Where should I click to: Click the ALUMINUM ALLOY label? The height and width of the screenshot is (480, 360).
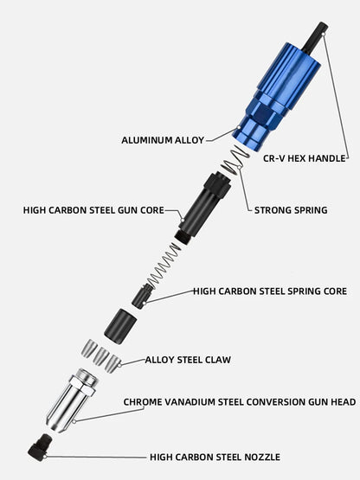[163, 140]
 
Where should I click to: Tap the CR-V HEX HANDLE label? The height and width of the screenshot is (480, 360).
[305, 158]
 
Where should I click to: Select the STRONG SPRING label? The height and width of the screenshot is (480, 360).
[291, 210]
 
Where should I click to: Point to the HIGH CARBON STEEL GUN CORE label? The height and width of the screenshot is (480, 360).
[93, 210]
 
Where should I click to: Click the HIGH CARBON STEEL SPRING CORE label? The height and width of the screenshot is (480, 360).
[270, 291]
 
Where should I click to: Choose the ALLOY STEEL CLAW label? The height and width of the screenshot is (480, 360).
[188, 360]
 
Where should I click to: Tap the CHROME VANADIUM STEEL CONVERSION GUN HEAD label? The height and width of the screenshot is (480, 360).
[240, 402]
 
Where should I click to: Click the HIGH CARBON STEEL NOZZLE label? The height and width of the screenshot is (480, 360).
[215, 457]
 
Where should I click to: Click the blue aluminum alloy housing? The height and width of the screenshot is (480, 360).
[276, 98]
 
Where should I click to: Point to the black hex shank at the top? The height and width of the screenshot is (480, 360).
[315, 36]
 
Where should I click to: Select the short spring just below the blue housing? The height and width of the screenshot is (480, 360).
[235, 160]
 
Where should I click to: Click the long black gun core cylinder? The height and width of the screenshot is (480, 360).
[202, 207]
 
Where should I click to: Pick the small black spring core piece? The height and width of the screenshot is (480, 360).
[143, 296]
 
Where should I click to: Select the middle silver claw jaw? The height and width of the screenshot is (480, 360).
[100, 355]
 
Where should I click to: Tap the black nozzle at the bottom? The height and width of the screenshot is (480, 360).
[40, 445]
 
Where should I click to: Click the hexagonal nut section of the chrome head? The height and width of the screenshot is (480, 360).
[83, 384]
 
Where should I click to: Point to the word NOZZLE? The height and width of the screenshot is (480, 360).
[262, 457]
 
